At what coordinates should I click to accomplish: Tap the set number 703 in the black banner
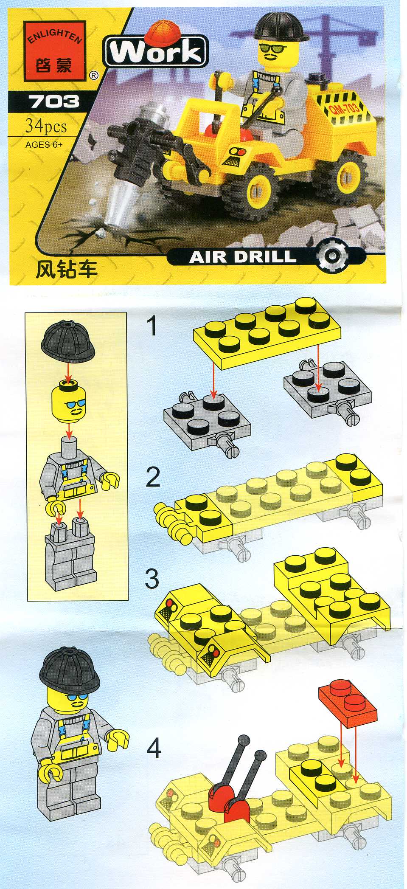click(x=53, y=101)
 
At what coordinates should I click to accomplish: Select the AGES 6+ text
click(x=44, y=144)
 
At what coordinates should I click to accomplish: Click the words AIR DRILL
click(x=242, y=256)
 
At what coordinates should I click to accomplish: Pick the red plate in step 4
click(x=346, y=699)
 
